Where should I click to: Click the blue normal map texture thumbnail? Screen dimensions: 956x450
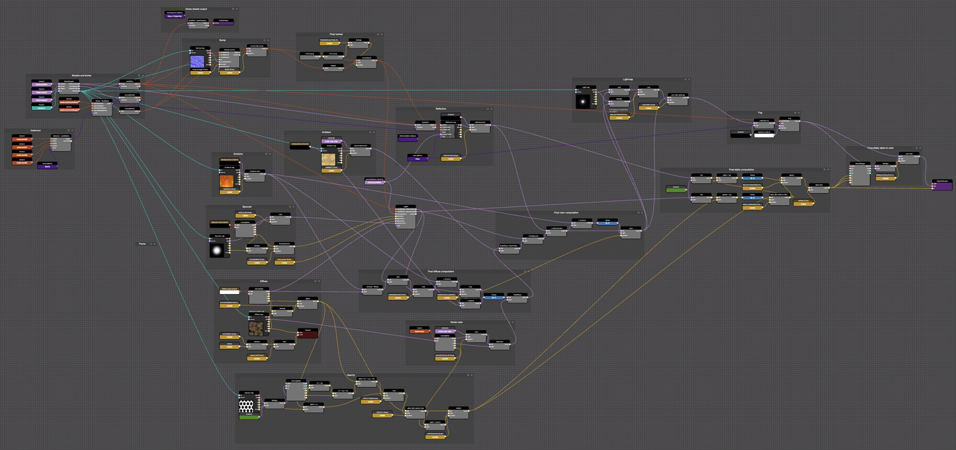200,62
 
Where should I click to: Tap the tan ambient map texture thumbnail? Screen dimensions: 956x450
329,159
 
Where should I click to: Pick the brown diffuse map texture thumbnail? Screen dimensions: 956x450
256,327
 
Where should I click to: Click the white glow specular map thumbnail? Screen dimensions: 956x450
218,250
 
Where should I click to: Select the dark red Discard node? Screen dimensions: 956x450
307,333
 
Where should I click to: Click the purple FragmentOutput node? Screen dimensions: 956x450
941,185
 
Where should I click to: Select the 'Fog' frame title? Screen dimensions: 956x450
760,113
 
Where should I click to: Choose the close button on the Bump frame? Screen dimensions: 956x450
266,40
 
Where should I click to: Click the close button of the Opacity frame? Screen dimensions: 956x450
471,375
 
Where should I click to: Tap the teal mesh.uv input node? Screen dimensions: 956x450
41,108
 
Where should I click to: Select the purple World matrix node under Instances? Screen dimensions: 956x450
47,167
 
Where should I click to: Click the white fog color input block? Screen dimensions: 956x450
763,135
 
